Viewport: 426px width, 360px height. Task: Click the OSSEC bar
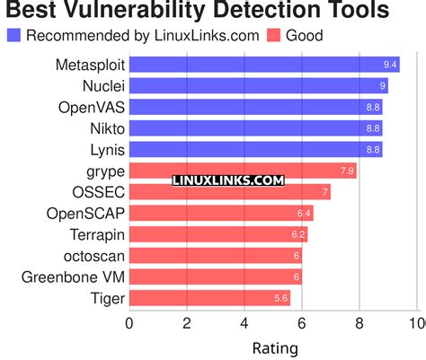(x=229, y=192)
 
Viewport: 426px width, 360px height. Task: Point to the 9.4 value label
(x=390, y=66)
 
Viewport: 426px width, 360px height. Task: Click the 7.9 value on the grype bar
(x=347, y=171)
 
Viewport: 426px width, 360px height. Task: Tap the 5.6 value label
(x=281, y=298)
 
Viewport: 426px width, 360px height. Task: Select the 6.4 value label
(x=304, y=213)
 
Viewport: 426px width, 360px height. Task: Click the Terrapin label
(x=96, y=234)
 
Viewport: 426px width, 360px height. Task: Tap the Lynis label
(x=106, y=150)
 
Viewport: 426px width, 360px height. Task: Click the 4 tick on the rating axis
(x=244, y=323)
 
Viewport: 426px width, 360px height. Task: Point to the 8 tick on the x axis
(x=359, y=323)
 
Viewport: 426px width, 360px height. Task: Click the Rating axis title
(x=274, y=347)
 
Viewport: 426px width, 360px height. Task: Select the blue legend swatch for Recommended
(x=13, y=36)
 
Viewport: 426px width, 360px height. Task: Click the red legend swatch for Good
(x=273, y=36)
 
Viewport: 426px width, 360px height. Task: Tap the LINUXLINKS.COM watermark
(x=227, y=180)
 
